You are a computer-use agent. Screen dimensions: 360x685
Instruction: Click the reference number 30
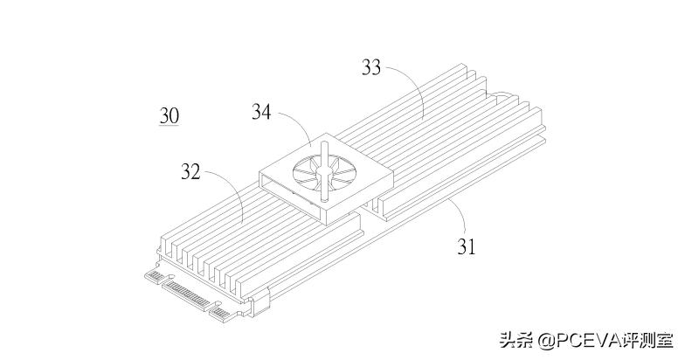[169, 115]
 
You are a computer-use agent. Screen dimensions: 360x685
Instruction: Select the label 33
[371, 67]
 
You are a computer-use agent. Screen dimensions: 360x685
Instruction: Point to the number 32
[190, 172]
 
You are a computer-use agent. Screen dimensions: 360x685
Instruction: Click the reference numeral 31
[467, 246]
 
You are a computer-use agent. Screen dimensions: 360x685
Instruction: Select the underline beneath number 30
[169, 126]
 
